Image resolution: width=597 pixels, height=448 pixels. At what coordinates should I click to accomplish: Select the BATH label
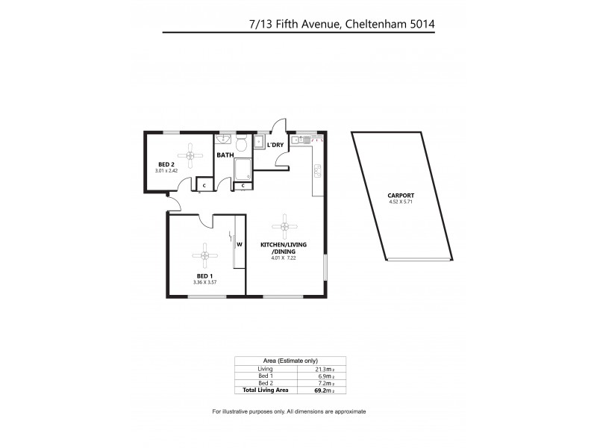[x=225, y=155]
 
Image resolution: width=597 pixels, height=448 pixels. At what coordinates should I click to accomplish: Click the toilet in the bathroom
[x=241, y=143]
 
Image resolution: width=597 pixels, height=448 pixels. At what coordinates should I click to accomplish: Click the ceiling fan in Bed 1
[x=203, y=255]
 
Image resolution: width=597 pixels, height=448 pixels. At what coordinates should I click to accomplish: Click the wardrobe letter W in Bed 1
[x=239, y=243]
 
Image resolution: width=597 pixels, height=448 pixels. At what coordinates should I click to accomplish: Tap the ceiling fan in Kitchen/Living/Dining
[x=284, y=225]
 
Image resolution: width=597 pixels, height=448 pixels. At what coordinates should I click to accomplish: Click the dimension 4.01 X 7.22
[x=284, y=259]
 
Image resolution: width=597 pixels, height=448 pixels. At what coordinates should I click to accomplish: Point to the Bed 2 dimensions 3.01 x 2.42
[x=166, y=171]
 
